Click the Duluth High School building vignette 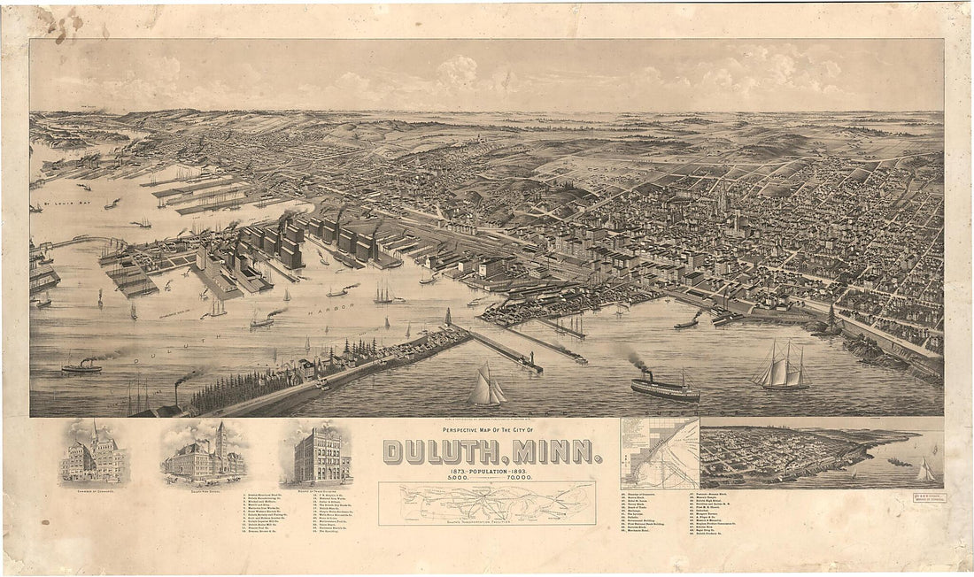[x=204, y=455]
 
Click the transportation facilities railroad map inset [x=487, y=502]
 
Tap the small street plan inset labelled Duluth [x=660, y=453]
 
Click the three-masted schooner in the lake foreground [x=782, y=368]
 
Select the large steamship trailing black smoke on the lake [x=665, y=387]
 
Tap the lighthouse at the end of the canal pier [x=532, y=360]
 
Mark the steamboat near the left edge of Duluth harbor [x=81, y=365]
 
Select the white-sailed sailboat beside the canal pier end [x=486, y=387]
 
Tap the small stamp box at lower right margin [x=929, y=498]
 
